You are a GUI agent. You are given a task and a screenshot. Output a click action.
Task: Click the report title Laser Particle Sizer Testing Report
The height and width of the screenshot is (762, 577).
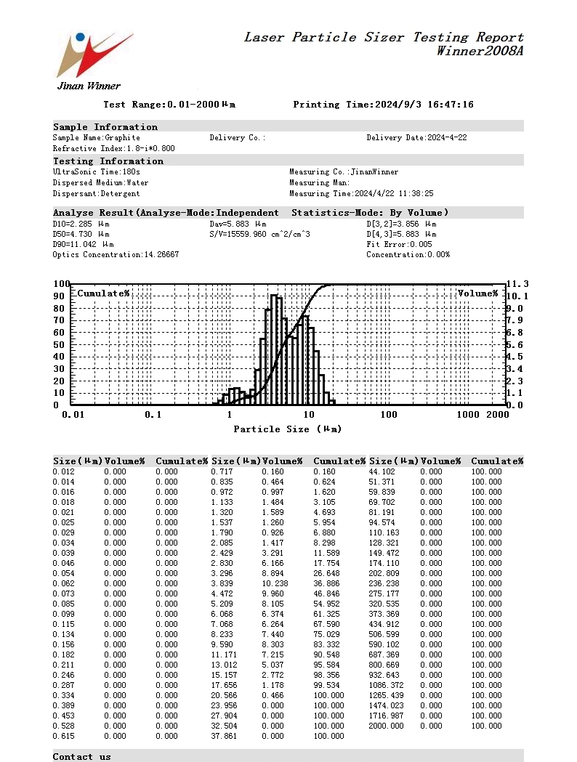[383, 37]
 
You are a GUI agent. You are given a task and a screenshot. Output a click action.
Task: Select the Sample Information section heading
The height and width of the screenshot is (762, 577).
[105, 127]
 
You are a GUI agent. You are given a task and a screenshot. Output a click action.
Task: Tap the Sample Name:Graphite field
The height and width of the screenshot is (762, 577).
[97, 137]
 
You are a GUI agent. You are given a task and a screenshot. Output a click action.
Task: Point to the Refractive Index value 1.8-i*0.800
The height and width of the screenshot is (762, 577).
[113, 148]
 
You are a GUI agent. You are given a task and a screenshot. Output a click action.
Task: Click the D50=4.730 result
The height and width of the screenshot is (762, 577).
[81, 235]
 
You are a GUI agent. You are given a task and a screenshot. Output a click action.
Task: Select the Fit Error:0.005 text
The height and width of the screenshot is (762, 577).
[399, 245]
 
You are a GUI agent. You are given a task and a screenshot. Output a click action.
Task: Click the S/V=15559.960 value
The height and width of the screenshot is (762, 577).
[259, 235]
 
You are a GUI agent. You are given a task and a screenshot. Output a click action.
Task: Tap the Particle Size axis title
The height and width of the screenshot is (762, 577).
[287, 429]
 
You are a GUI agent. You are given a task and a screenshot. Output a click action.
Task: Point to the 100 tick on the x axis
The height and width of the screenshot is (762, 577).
[389, 415]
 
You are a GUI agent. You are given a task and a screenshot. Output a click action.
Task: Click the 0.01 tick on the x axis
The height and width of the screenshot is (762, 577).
[73, 415]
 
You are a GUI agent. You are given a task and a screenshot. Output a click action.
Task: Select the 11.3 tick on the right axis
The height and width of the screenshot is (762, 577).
[517, 284]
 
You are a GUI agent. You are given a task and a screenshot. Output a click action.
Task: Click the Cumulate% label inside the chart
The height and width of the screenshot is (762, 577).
[103, 293]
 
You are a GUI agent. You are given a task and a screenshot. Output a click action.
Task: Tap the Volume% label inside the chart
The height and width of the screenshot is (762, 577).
[477, 293]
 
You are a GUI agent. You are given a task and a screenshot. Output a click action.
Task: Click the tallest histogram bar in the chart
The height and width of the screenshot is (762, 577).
[274, 349]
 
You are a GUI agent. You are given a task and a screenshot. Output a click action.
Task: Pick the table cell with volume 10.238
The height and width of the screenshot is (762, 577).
[275, 583]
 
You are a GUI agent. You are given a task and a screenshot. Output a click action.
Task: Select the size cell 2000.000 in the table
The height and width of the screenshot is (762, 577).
[387, 726]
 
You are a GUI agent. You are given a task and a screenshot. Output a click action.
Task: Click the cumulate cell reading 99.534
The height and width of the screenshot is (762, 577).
[328, 685]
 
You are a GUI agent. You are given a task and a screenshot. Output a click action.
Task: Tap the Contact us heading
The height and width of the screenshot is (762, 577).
[82, 756]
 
